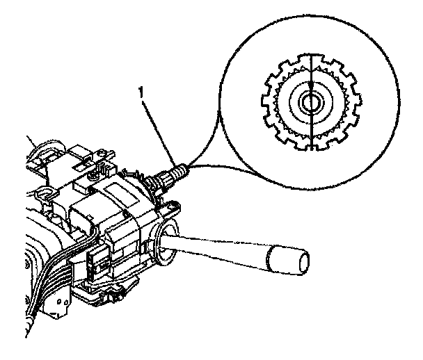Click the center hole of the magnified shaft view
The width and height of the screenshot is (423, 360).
tap(308, 104)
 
